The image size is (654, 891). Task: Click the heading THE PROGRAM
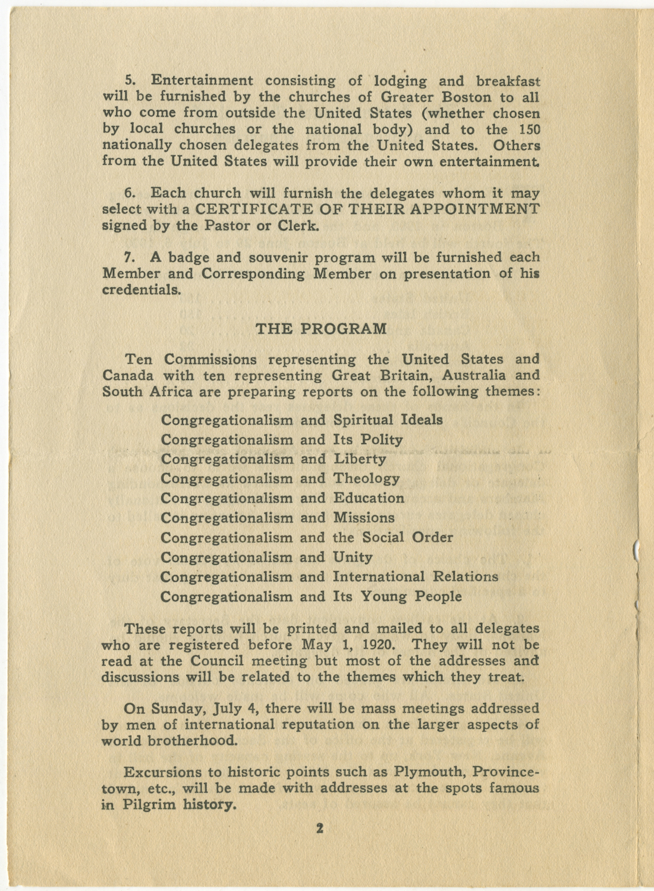pos(320,329)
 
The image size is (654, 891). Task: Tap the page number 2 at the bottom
pos(319,828)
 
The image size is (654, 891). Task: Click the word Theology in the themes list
pos(366,478)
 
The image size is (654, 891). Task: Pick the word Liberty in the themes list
pos(360,459)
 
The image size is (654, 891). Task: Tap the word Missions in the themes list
pos(363,518)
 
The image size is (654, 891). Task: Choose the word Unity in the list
pos(353,558)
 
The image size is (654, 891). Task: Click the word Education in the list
pos(369,498)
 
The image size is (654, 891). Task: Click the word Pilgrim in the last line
pos(150,805)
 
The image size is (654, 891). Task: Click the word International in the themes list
pos(379,577)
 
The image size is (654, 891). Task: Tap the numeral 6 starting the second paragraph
pos(128,193)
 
